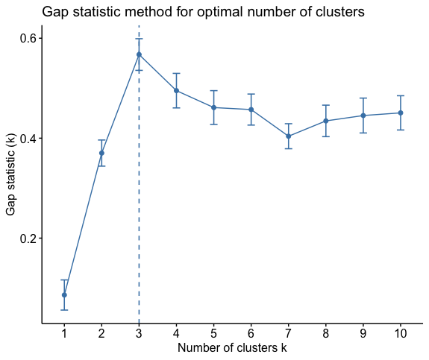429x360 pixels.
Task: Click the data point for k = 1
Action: click(64, 295)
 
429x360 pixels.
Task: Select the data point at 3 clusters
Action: click(139, 54)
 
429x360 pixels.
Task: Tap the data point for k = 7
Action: click(289, 136)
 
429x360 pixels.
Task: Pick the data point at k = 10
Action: click(401, 113)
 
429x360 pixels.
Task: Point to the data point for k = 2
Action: click(101, 153)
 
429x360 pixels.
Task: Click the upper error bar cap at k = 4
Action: click(177, 73)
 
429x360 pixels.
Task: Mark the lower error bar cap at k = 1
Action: click(64, 310)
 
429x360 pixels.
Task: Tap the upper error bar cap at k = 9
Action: click(363, 98)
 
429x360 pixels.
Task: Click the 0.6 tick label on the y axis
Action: click(28, 39)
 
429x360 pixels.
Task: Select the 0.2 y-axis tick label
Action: click(28, 239)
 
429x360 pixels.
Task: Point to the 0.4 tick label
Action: click(28, 139)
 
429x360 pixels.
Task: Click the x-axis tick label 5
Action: click(213, 333)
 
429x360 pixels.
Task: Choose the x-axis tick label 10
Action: click(401, 333)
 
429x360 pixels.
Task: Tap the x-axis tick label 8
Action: click(326, 333)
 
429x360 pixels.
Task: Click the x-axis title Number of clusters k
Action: click(232, 347)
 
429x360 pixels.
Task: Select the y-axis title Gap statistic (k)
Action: click(11, 174)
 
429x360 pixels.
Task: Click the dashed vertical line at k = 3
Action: click(139, 174)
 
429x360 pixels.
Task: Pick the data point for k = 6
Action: click(251, 110)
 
